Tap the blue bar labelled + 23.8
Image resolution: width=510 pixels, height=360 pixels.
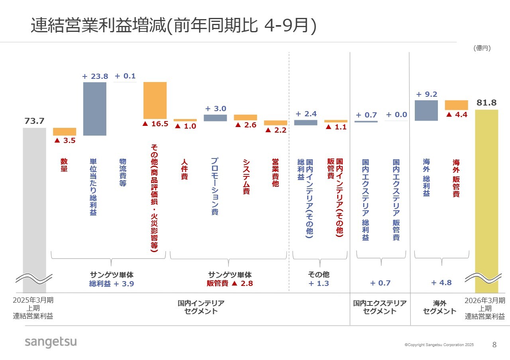(x=95, y=109)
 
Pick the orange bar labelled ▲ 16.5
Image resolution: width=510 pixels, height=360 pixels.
(x=155, y=100)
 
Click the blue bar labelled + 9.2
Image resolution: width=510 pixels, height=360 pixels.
(x=426, y=110)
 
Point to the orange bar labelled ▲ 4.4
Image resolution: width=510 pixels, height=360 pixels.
(x=456, y=105)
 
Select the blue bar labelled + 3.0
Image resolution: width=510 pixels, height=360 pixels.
(x=215, y=118)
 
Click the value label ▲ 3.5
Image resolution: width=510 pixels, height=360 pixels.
(x=65, y=140)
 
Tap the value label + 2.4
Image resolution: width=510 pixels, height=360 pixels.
(x=306, y=114)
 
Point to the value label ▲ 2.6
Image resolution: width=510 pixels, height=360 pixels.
(x=245, y=125)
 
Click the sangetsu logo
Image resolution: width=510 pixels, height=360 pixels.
(x=51, y=342)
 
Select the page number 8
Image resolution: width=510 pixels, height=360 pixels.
(x=494, y=345)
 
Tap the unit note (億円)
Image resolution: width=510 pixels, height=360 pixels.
(x=482, y=48)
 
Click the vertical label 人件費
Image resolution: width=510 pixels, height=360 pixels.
(x=184, y=170)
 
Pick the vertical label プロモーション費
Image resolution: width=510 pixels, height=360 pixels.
(x=215, y=186)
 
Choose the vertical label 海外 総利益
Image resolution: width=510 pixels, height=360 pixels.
(x=426, y=178)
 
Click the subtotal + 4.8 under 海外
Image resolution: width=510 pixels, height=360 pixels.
(x=441, y=283)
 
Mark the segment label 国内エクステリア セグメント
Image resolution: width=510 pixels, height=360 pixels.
(x=380, y=307)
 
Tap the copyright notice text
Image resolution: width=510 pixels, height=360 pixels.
(x=439, y=345)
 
